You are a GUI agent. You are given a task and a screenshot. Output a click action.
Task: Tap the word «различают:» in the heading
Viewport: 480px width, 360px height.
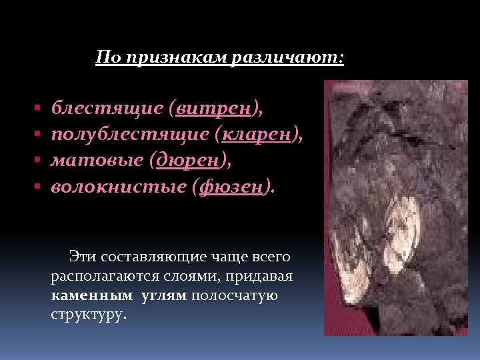coord(288,58)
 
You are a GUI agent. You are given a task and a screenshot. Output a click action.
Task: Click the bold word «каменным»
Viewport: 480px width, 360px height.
coord(91,295)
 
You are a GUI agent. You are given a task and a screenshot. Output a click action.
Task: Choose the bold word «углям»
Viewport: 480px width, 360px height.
coord(164,295)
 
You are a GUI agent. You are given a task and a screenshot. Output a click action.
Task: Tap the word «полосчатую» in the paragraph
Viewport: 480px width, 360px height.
coord(234,295)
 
